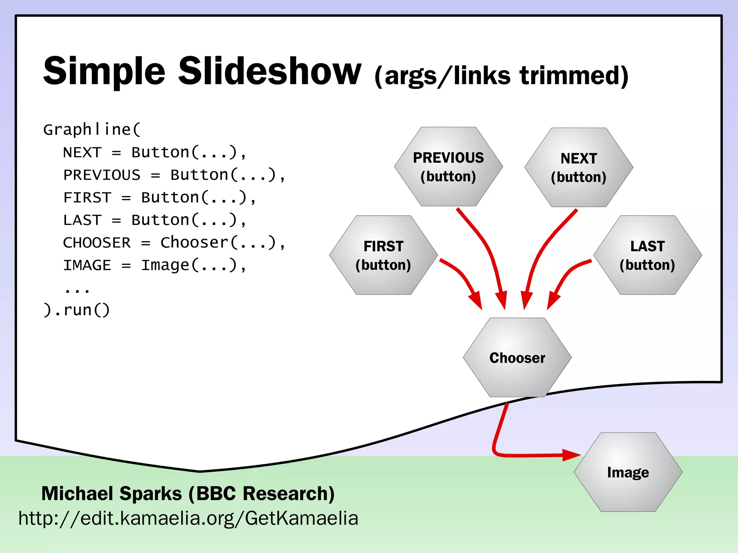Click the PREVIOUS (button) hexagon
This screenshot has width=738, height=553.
click(448, 167)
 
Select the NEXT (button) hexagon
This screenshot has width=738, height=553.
click(579, 167)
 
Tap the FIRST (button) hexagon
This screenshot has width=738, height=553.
click(383, 255)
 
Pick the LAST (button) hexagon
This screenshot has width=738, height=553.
click(647, 255)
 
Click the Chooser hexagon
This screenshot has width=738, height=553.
click(517, 358)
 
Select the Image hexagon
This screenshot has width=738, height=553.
click(628, 472)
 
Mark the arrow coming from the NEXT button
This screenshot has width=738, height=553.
click(544, 245)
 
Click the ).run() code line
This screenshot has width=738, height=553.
click(76, 310)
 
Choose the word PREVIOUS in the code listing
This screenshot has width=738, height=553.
click(102, 175)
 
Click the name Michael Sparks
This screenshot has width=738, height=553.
click(112, 493)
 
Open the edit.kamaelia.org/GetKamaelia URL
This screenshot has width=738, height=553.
click(188, 518)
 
